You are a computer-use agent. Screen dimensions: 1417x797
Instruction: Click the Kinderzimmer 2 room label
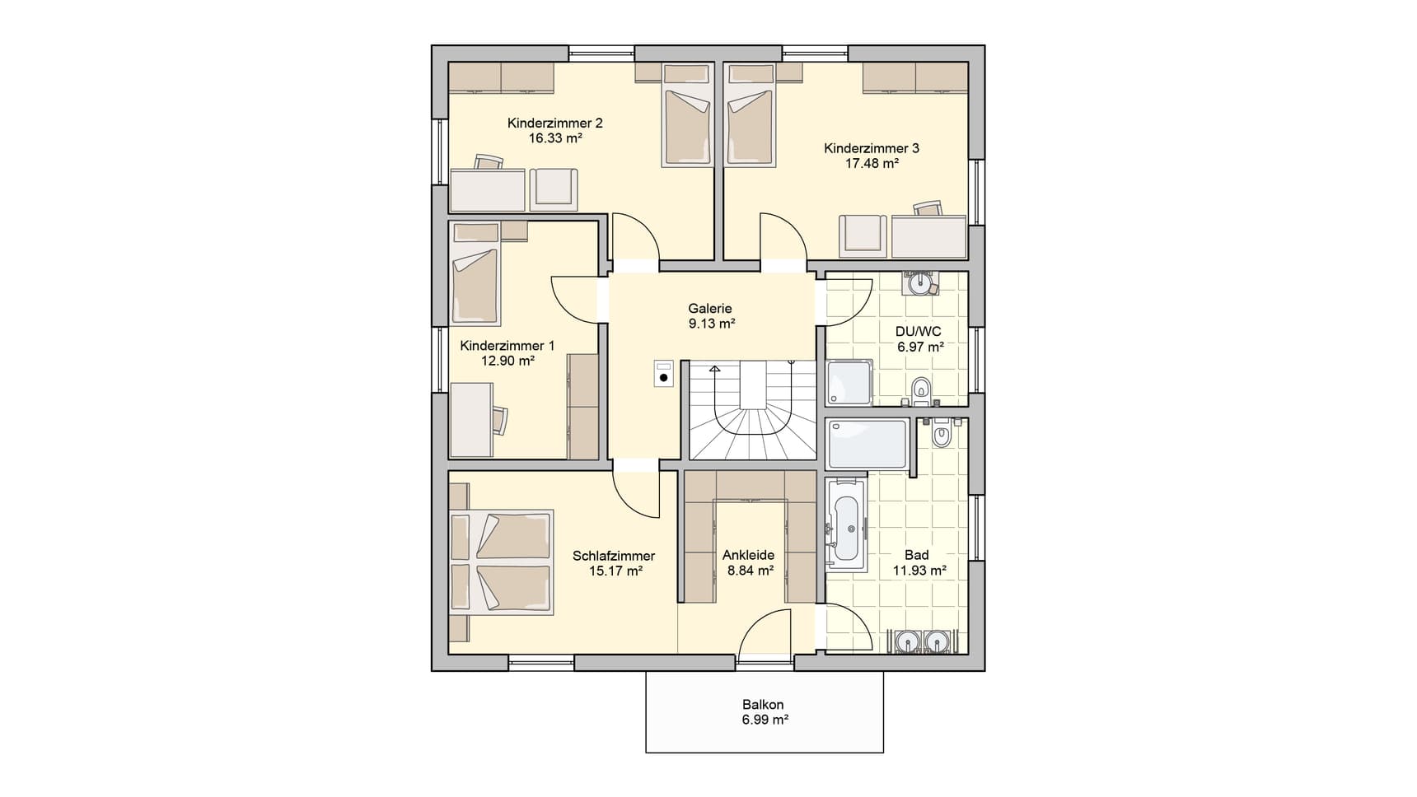pos(554,124)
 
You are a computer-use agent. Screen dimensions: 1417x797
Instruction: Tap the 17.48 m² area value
pos(872,163)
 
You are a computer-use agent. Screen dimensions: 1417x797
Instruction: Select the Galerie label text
pos(710,309)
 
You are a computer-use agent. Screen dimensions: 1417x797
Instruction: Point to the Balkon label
pos(763,705)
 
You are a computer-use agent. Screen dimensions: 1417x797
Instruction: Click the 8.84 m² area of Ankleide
pos(750,570)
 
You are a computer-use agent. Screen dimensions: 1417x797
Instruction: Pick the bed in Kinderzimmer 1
pos(475,285)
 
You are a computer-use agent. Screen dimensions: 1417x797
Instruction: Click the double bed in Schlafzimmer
pos(501,562)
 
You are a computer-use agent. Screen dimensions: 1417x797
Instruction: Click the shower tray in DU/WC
pos(849,382)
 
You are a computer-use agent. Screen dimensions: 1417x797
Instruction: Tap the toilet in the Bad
pos(942,433)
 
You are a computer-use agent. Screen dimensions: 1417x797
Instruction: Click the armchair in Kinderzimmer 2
pos(554,189)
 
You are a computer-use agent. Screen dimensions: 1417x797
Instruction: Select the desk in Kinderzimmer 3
pos(928,236)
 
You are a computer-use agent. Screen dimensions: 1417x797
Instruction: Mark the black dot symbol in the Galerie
pos(664,378)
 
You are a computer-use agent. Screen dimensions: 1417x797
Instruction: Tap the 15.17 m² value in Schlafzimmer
pos(616,570)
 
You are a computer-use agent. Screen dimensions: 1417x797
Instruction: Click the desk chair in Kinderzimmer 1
pos(500,419)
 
